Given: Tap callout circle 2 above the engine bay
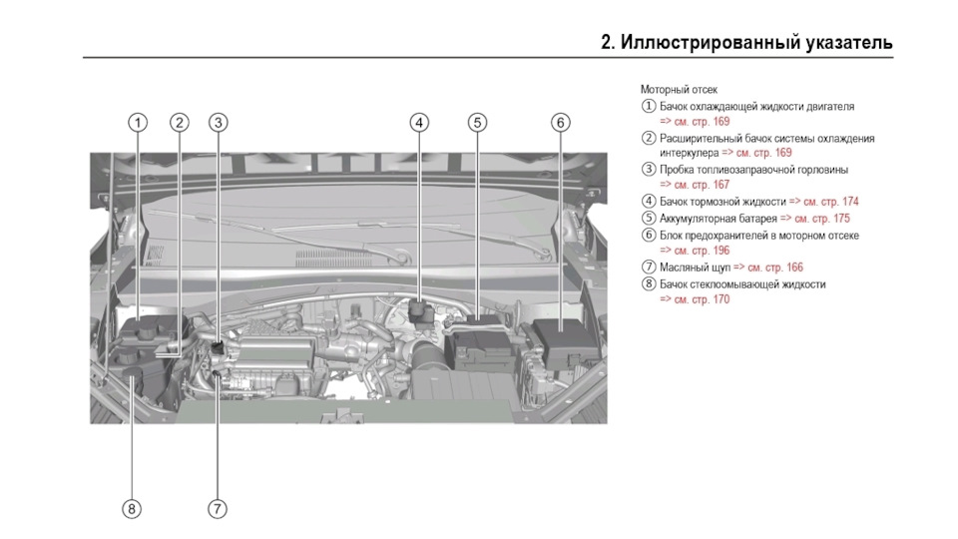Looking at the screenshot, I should [x=179, y=123].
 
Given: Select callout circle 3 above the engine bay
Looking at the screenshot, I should [x=219, y=123].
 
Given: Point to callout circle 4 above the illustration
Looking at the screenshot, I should [x=420, y=123].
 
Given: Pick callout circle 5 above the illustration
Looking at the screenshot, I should [x=478, y=123].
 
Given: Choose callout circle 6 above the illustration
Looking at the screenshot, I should [x=561, y=123].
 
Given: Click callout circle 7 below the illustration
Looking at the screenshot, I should [x=218, y=509].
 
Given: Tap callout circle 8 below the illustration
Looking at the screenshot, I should [x=133, y=509].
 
